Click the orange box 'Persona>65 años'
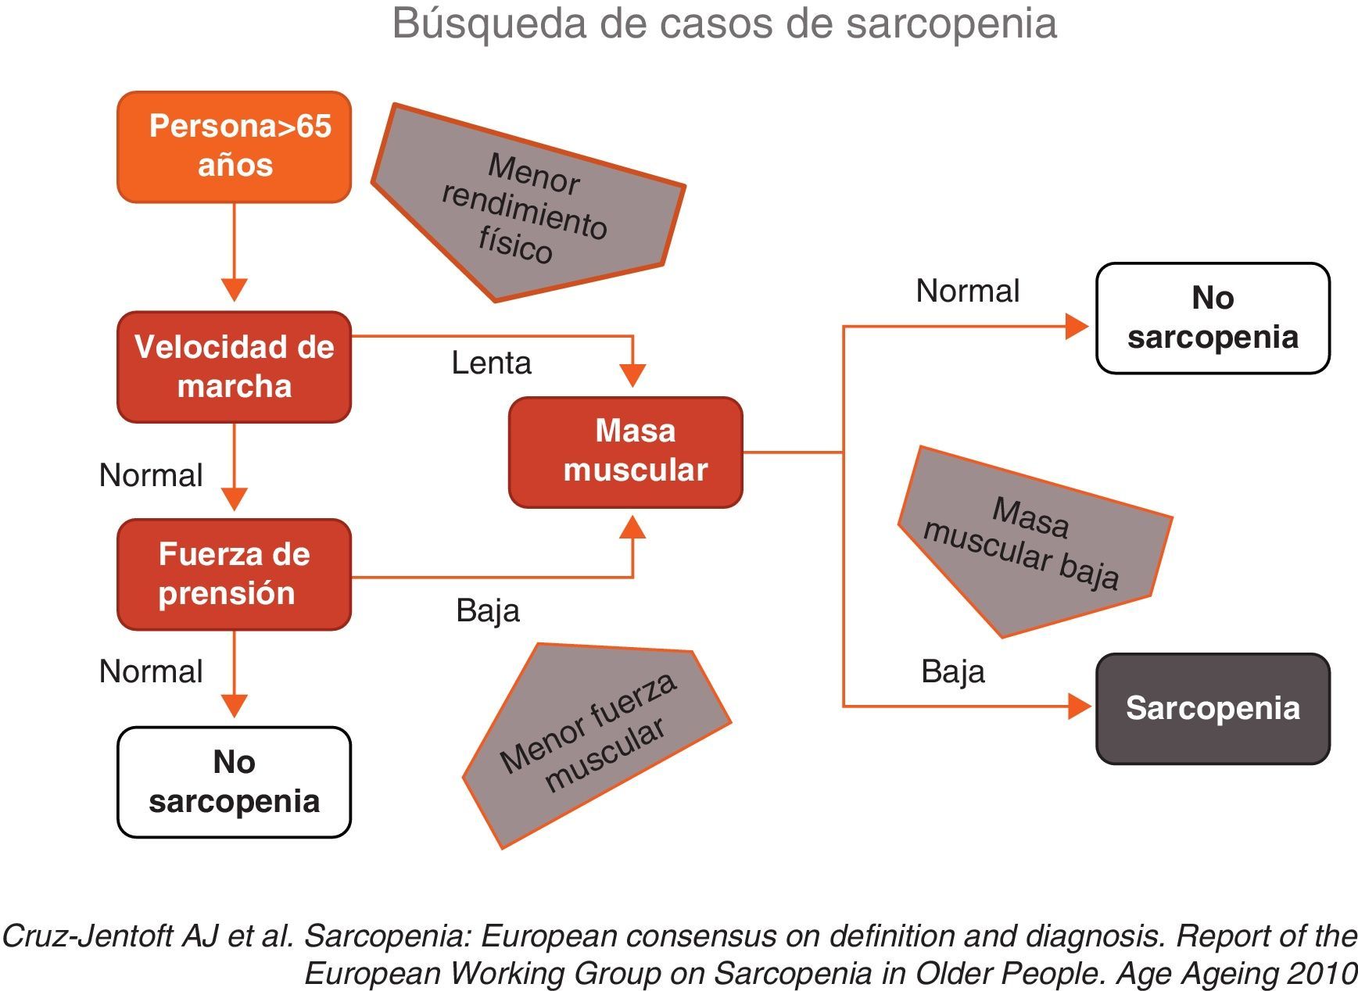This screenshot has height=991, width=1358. coord(234,147)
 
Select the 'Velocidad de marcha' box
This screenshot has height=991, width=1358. coord(234,367)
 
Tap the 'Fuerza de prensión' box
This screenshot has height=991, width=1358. coord(234,574)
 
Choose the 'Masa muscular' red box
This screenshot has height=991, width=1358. coord(625,452)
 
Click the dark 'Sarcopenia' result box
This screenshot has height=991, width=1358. coord(1213,708)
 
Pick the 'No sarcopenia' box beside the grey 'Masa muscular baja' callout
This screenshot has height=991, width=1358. coord(1213,318)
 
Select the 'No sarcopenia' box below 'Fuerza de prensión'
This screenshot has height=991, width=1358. coord(234,782)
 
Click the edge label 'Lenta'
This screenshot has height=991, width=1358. coord(491,363)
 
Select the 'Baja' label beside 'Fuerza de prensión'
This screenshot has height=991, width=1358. coord(487,610)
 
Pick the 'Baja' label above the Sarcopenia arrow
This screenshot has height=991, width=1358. coord(952,671)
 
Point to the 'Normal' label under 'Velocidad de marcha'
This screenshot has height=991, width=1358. coord(151,475)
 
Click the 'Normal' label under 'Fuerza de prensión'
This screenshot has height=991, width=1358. coord(151,671)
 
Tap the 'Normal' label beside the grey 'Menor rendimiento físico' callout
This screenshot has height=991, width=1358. coord(967,291)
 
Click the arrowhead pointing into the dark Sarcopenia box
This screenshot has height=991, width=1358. coord(1080,707)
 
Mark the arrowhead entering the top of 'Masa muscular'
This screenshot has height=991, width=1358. coord(632,376)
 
